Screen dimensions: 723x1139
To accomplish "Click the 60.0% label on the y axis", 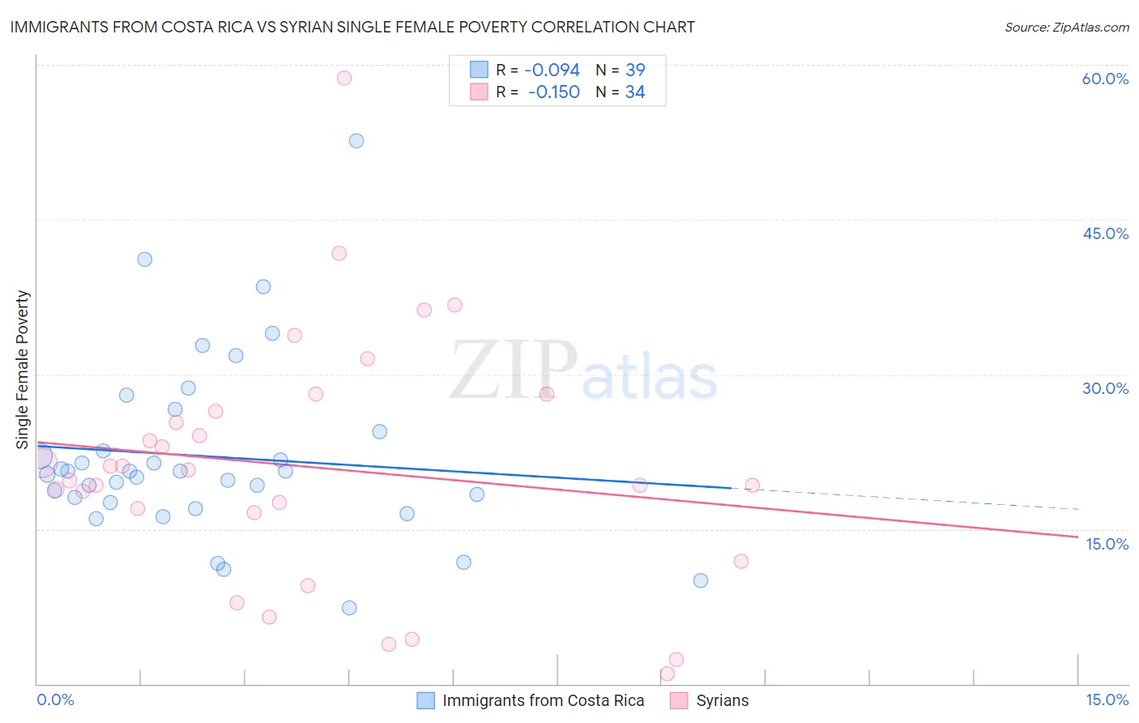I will (1105, 79).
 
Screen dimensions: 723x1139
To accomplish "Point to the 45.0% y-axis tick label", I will (1105, 233).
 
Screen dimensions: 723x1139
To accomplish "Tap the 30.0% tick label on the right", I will (1105, 388).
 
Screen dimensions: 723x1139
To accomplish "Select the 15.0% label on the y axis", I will (1107, 544).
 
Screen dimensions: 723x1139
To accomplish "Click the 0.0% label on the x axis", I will (55, 699).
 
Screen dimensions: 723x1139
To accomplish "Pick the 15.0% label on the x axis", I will (1107, 699).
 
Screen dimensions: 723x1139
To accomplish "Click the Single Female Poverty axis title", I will (23, 370).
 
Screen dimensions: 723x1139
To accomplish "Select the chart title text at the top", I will (352, 27).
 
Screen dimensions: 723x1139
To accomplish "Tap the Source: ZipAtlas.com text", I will (1066, 27).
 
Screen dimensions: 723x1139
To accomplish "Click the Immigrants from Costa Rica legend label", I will (543, 700).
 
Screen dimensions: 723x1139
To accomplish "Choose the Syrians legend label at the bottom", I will (722, 700).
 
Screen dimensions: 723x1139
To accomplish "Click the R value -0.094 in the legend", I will (552, 71).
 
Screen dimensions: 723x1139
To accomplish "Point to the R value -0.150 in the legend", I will (553, 92).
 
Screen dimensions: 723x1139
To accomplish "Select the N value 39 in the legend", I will (635, 71).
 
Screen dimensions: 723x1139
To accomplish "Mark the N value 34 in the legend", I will (635, 92).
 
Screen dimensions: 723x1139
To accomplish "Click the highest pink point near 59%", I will (344, 78).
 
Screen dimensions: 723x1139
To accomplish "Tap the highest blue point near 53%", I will (356, 141).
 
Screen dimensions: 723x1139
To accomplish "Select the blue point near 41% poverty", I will (145, 259).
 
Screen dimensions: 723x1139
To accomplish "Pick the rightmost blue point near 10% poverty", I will (701, 580).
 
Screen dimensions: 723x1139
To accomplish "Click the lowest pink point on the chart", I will (668, 674).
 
